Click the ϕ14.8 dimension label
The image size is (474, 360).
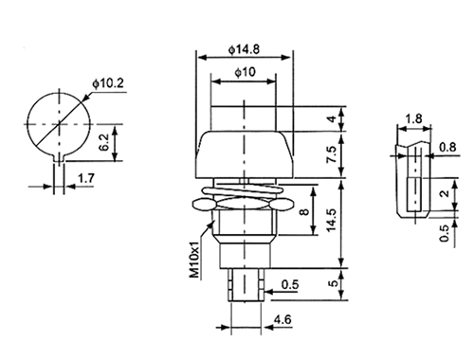coord(244,49)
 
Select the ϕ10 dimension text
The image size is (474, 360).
coord(245,72)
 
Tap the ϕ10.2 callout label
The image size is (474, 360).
coord(108,83)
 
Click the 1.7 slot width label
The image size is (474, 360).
coord(86,178)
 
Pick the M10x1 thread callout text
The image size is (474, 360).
coord(195,260)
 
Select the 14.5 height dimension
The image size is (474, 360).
coord(331,220)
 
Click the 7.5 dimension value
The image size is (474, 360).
coord(331,154)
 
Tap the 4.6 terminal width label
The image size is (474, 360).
coord(283,320)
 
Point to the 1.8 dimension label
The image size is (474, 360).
coord(413,119)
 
